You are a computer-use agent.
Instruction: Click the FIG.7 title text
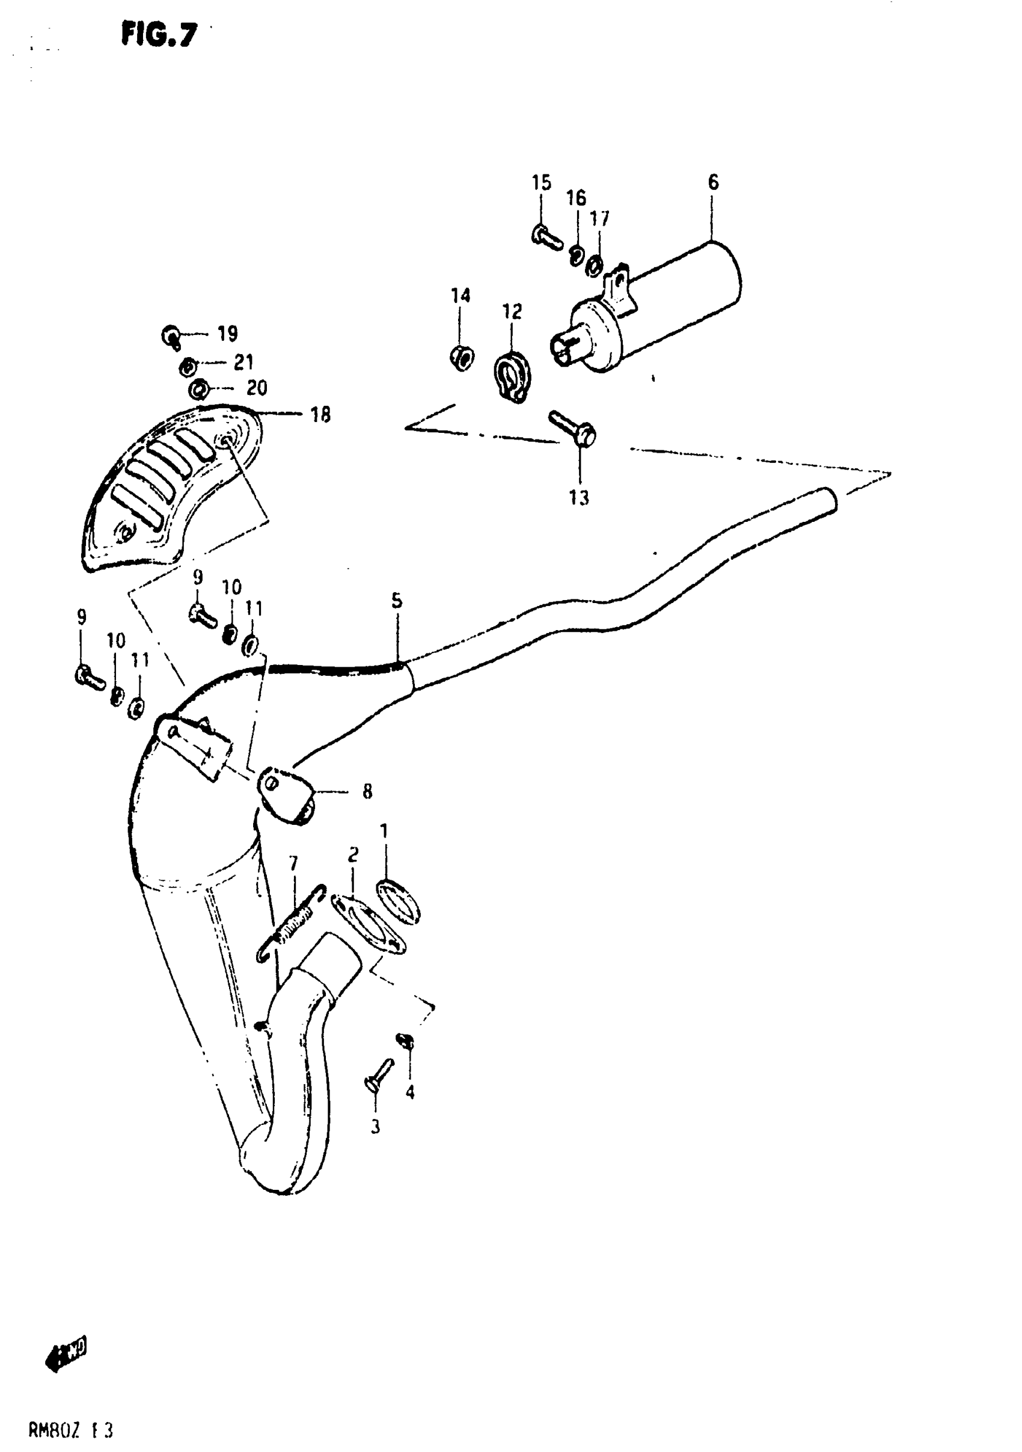pos(159,35)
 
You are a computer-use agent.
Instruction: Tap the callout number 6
pos(713,183)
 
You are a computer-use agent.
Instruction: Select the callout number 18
pos(320,415)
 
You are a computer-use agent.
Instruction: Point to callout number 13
pos(579,498)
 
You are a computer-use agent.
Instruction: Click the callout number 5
pos(397,600)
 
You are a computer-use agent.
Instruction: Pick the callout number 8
pos(367,791)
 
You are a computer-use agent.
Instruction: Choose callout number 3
pos(375,1126)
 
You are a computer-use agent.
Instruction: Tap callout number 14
pos(461,295)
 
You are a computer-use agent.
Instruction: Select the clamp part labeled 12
pos(513,377)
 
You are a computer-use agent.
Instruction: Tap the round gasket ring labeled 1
pos(399,901)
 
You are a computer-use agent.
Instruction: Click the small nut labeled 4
pos(405,1040)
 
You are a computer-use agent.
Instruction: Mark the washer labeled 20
pos(198,388)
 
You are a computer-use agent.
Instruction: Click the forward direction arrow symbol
pos(66,1355)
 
